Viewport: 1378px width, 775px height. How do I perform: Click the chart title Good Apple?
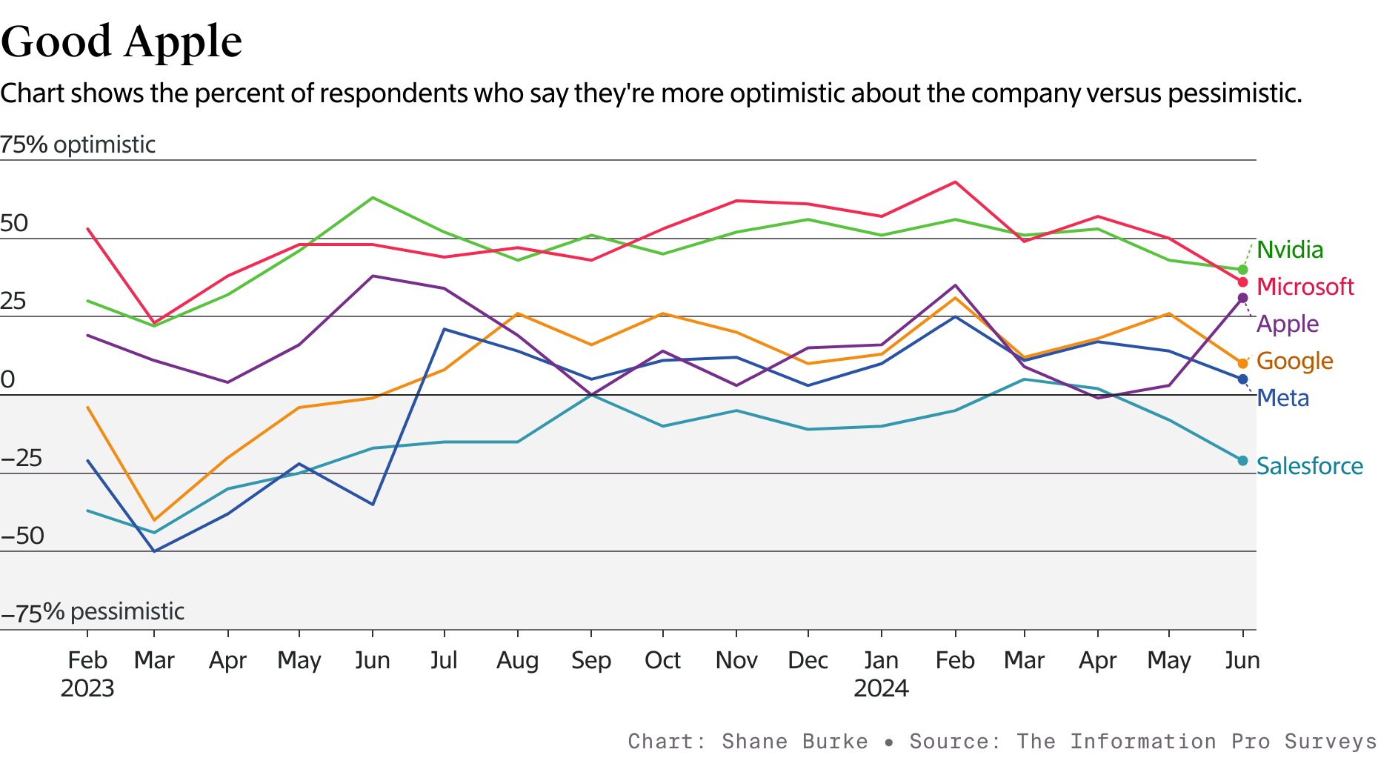pos(122,41)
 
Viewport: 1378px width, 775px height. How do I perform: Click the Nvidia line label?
pos(1290,250)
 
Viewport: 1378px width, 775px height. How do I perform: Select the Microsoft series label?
pos(1305,287)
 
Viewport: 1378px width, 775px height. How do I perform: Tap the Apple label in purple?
pos(1288,324)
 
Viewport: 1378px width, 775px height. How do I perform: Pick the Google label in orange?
pos(1294,361)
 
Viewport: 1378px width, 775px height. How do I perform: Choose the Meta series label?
pos(1282,398)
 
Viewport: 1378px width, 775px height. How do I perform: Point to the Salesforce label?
pos(1309,466)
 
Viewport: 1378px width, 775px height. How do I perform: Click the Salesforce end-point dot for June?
pos(1242,461)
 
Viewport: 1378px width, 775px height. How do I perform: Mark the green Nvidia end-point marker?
pos(1242,270)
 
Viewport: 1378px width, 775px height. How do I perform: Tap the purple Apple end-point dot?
pos(1242,298)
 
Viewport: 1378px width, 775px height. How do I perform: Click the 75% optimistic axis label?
pos(78,144)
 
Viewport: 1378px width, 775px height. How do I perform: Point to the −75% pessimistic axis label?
pos(93,612)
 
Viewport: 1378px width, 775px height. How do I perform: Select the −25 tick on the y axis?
pos(22,459)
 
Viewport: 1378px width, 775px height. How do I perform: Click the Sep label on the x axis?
pos(590,660)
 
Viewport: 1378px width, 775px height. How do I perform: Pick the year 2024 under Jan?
pos(881,688)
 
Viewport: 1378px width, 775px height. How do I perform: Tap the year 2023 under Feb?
pos(87,688)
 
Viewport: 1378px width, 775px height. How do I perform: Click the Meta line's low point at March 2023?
pos(154,551)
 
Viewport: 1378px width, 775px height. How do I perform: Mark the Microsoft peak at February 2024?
pos(955,182)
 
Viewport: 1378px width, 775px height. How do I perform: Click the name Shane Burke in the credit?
pos(794,742)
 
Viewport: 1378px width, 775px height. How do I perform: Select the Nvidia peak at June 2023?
pos(372,198)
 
